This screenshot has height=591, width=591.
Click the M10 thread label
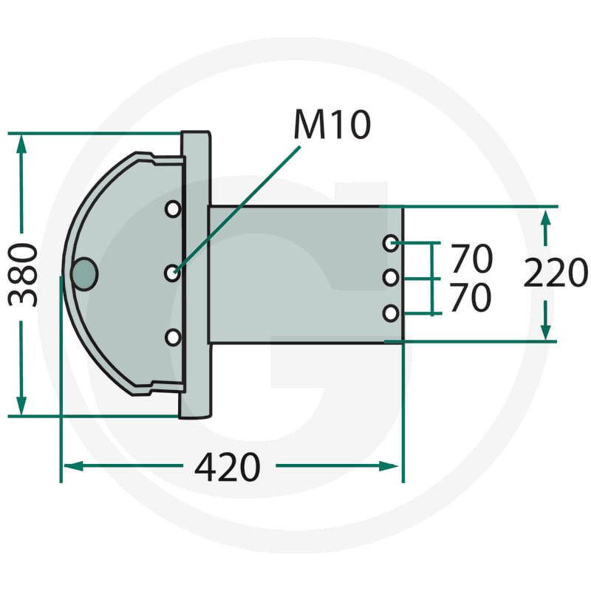[x=332, y=125]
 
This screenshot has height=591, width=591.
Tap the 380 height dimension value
[x=23, y=275]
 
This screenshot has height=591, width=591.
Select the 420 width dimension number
[x=228, y=468]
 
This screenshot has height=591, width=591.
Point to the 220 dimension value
[x=556, y=272]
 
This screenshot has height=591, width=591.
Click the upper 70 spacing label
[x=471, y=259]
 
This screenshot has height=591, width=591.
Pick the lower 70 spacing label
[x=471, y=298]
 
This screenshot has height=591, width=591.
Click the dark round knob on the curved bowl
[x=84, y=274]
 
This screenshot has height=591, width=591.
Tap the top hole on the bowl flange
[x=173, y=209]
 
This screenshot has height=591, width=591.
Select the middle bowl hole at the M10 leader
[x=172, y=273]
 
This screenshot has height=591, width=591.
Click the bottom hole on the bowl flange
[x=173, y=338]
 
